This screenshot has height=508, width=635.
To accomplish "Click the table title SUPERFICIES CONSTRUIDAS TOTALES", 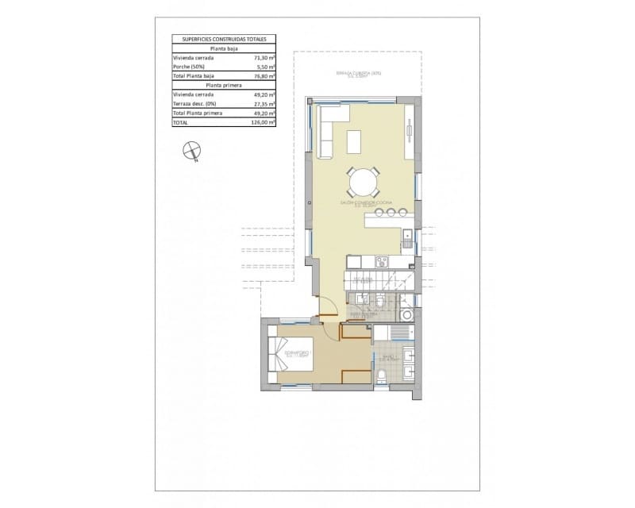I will tap(224, 38).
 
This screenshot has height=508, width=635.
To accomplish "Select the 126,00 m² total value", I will tap(264, 123).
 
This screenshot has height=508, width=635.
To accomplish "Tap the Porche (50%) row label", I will tap(189, 67).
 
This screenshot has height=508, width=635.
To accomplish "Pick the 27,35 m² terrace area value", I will tap(264, 104).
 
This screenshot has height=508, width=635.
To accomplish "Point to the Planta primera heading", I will tap(224, 85).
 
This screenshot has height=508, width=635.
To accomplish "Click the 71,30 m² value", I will tap(264, 58).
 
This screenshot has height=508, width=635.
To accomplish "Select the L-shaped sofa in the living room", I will tap(327, 131).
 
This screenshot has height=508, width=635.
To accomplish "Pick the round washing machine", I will tap(407, 316).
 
